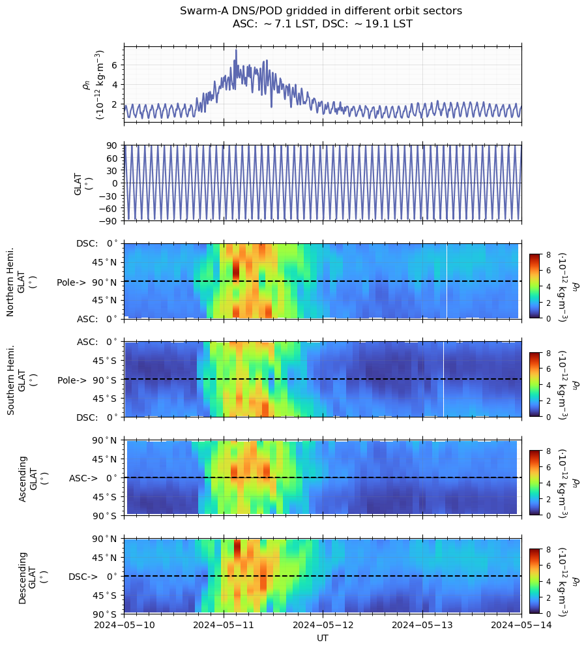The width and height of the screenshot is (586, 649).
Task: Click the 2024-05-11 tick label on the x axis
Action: tap(224, 625)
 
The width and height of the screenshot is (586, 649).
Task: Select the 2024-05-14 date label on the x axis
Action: tap(521, 625)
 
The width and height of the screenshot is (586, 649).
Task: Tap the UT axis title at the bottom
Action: tap(323, 638)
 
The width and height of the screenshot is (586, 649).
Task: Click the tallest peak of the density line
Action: tap(236, 50)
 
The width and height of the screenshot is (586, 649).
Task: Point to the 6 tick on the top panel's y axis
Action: tap(115, 65)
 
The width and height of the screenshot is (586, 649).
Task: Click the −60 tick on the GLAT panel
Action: tap(109, 208)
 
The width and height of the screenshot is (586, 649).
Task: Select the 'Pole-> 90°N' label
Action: tap(87, 282)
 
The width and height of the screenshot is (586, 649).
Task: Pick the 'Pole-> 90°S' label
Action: tap(87, 380)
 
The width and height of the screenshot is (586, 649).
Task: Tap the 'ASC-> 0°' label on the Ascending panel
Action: tap(93, 478)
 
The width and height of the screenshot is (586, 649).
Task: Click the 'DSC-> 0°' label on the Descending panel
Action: tap(93, 577)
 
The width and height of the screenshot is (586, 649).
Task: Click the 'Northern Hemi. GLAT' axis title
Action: tap(22, 282)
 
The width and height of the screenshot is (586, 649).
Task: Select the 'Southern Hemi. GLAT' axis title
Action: tap(22, 380)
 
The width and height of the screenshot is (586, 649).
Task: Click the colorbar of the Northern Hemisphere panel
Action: tap(535, 286)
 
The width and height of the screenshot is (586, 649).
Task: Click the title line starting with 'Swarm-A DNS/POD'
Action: tap(321, 10)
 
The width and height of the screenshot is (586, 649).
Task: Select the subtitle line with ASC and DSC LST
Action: tap(323, 24)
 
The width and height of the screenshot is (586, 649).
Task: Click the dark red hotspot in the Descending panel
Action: tap(237, 549)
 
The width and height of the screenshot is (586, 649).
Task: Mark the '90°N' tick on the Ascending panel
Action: tap(105, 440)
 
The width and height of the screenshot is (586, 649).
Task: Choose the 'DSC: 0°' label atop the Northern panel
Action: tap(96, 243)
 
